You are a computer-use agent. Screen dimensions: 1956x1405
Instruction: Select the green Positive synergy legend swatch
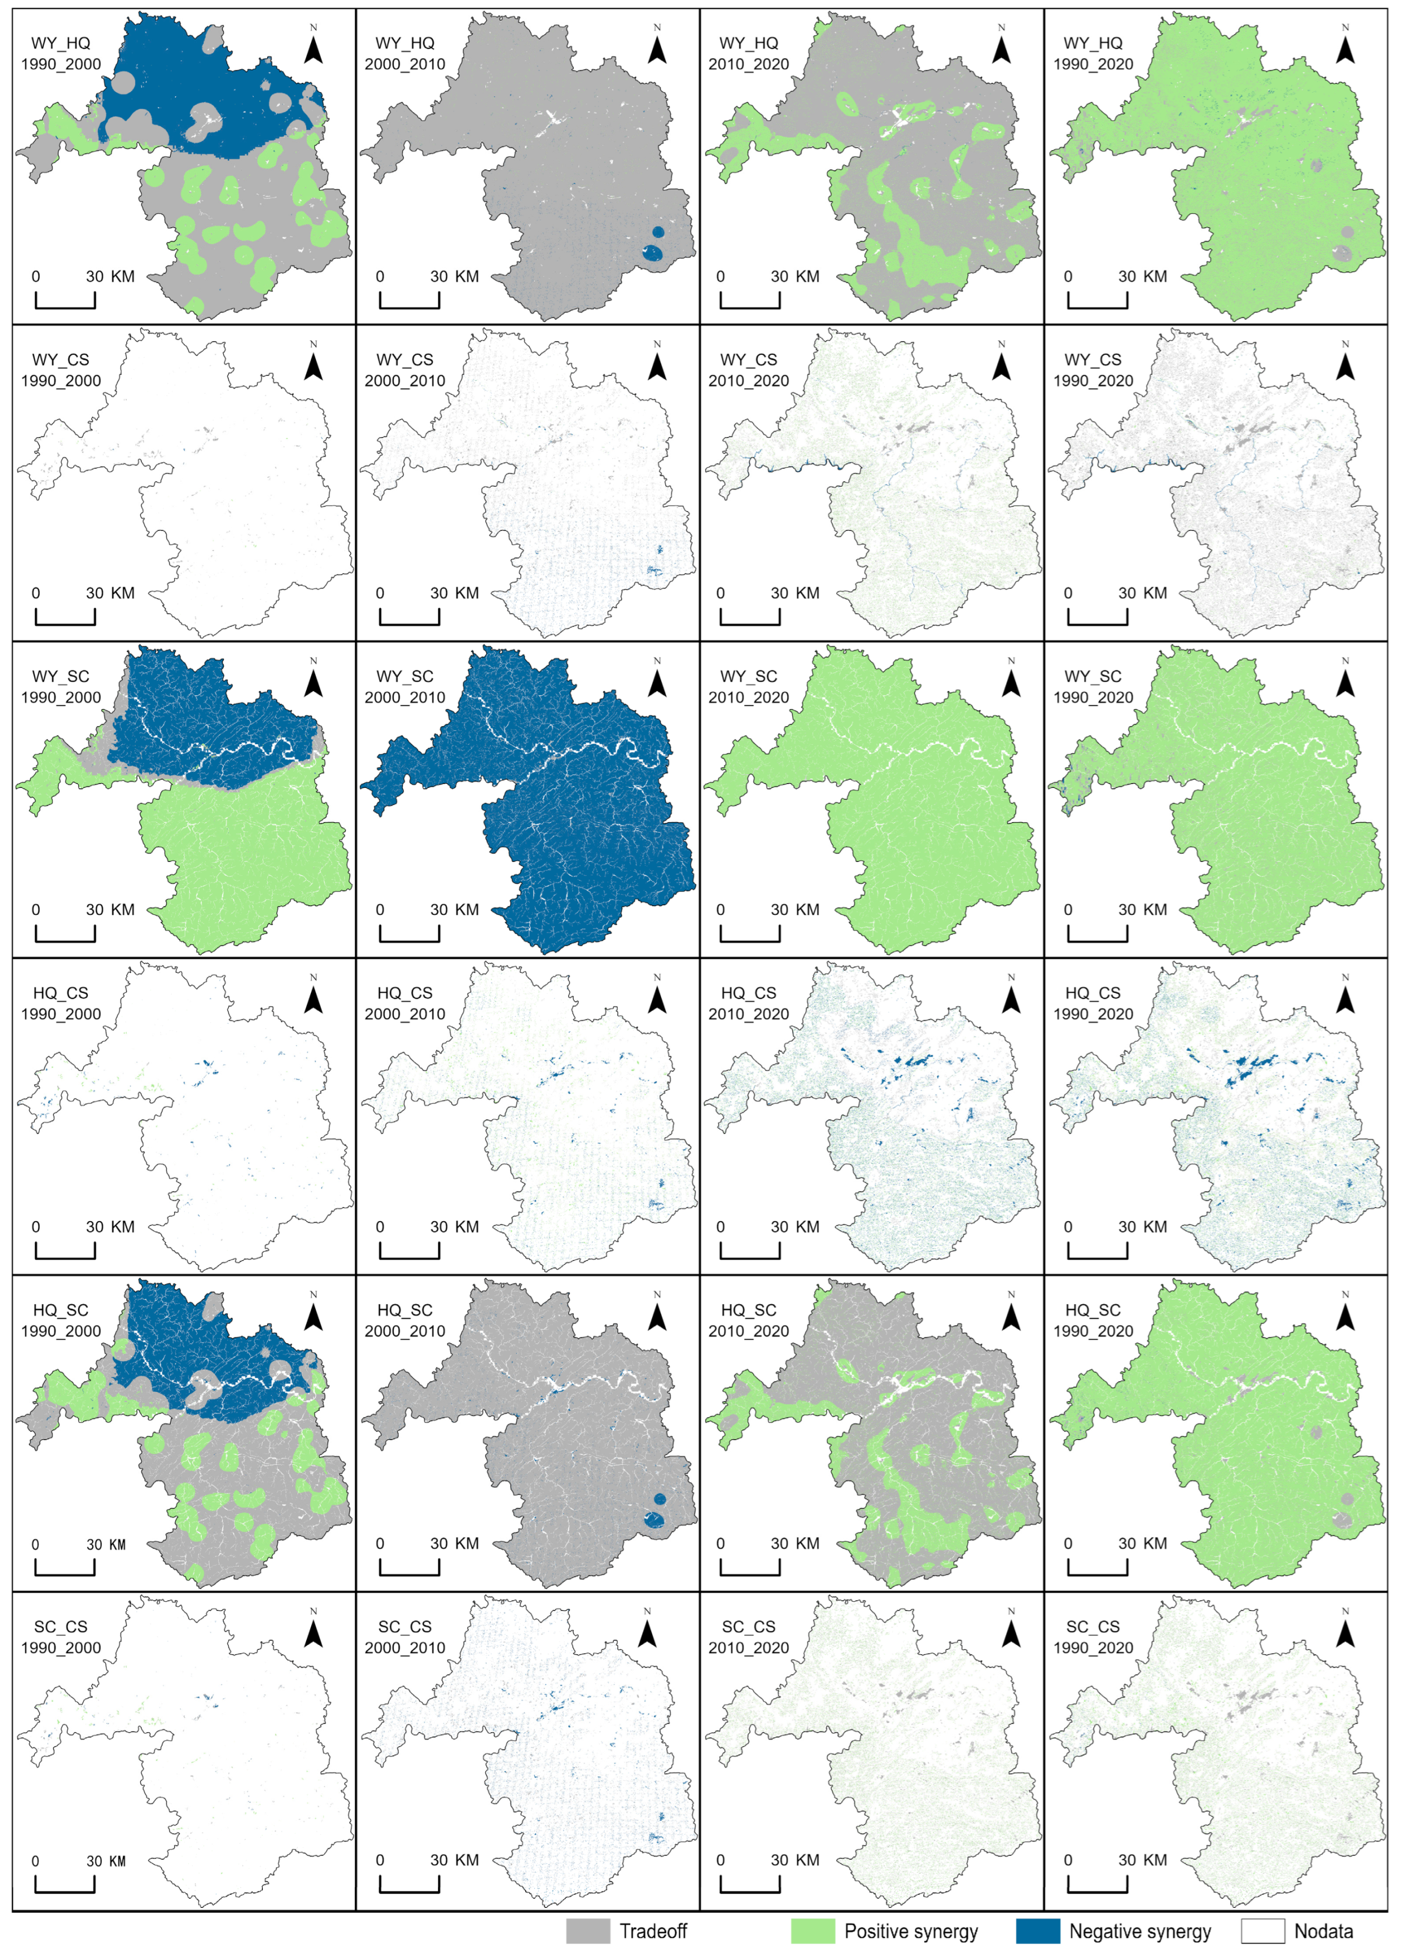pyautogui.click(x=812, y=1931)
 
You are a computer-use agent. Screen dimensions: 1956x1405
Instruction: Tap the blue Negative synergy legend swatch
pyautogui.click(x=1038, y=1931)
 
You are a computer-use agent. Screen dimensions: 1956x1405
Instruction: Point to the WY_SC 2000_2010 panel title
pyautogui.click(x=405, y=686)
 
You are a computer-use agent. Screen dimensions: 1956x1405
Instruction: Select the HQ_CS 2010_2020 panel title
pyautogui.click(x=748, y=1003)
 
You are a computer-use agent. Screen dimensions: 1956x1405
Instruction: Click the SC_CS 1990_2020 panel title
pyautogui.click(x=1093, y=1637)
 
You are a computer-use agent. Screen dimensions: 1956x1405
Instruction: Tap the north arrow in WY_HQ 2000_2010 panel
pyautogui.click(x=657, y=45)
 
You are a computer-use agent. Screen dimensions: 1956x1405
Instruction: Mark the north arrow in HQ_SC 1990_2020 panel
pyautogui.click(x=1344, y=1312)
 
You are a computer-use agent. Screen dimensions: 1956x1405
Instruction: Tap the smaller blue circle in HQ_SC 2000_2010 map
pyautogui.click(x=660, y=1499)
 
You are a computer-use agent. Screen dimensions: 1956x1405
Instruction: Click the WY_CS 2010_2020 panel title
pyautogui.click(x=748, y=370)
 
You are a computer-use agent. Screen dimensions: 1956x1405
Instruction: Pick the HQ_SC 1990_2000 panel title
pyautogui.click(x=61, y=1321)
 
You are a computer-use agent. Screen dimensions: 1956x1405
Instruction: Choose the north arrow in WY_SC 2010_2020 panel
pyautogui.click(x=1011, y=678)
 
